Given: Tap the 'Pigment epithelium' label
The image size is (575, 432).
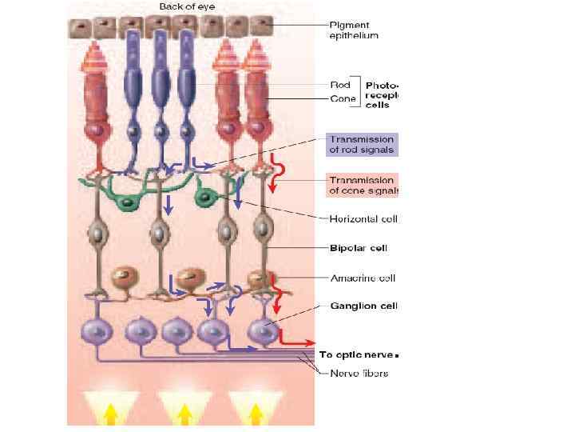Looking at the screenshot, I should coord(354,30).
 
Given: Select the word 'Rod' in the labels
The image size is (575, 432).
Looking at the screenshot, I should coord(340,84).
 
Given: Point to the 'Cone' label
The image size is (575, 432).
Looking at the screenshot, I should coord(343,98).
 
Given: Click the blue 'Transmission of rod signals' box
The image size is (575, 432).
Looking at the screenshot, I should coord(361,144).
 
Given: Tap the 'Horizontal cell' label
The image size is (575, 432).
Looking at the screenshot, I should coord(363,218).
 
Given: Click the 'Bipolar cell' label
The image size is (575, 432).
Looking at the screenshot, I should coord(359,248).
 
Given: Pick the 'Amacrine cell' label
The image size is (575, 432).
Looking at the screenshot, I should coord(363,278).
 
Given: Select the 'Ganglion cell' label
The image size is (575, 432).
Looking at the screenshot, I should coord(363,306).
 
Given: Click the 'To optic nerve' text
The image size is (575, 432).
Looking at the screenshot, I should coord(357,354).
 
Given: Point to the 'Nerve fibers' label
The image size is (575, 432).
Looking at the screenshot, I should coord(359,374).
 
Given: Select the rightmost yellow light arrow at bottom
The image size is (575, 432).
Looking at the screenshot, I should coord(256,411).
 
